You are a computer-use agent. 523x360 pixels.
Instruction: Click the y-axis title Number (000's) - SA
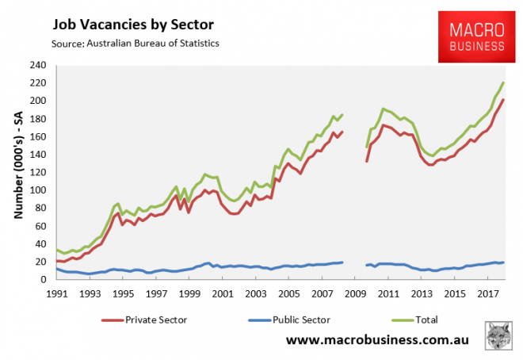[x=17, y=172]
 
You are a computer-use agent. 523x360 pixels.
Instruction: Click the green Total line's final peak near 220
[x=503, y=82]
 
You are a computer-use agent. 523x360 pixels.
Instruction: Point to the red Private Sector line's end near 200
[x=503, y=100]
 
